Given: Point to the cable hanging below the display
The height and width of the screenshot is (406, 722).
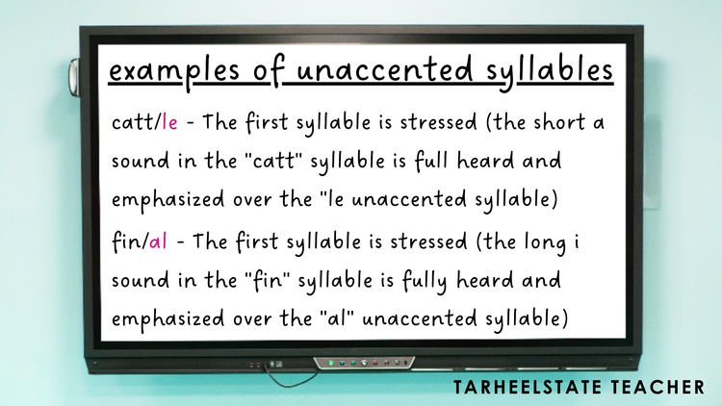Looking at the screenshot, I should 289,375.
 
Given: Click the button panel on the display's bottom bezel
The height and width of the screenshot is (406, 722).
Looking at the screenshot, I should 361,364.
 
